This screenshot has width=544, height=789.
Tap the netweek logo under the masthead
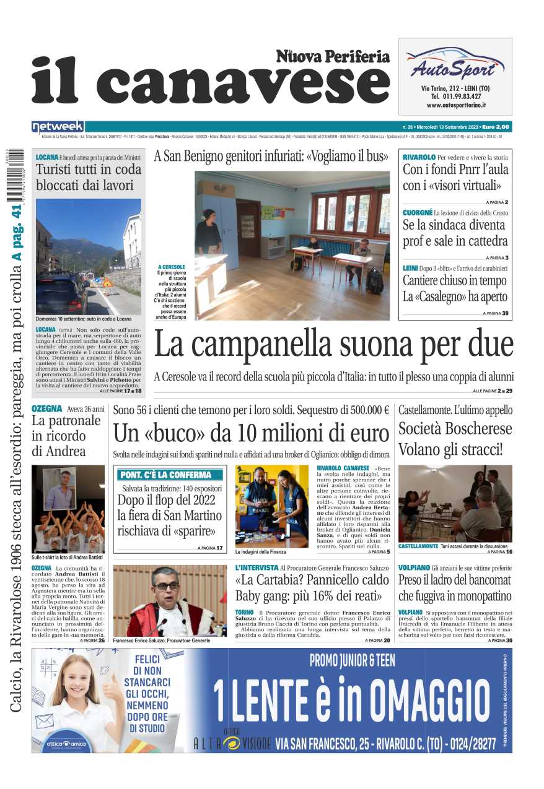[x=58, y=127]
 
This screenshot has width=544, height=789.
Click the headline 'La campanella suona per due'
[x=333, y=345]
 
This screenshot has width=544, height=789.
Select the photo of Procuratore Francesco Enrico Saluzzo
[x=170, y=600]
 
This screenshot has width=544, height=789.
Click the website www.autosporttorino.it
[x=455, y=106]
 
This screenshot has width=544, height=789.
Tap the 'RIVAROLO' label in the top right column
[x=419, y=157]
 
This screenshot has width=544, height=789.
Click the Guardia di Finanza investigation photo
[x=271, y=506]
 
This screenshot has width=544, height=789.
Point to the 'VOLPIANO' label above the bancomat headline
[x=414, y=567]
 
